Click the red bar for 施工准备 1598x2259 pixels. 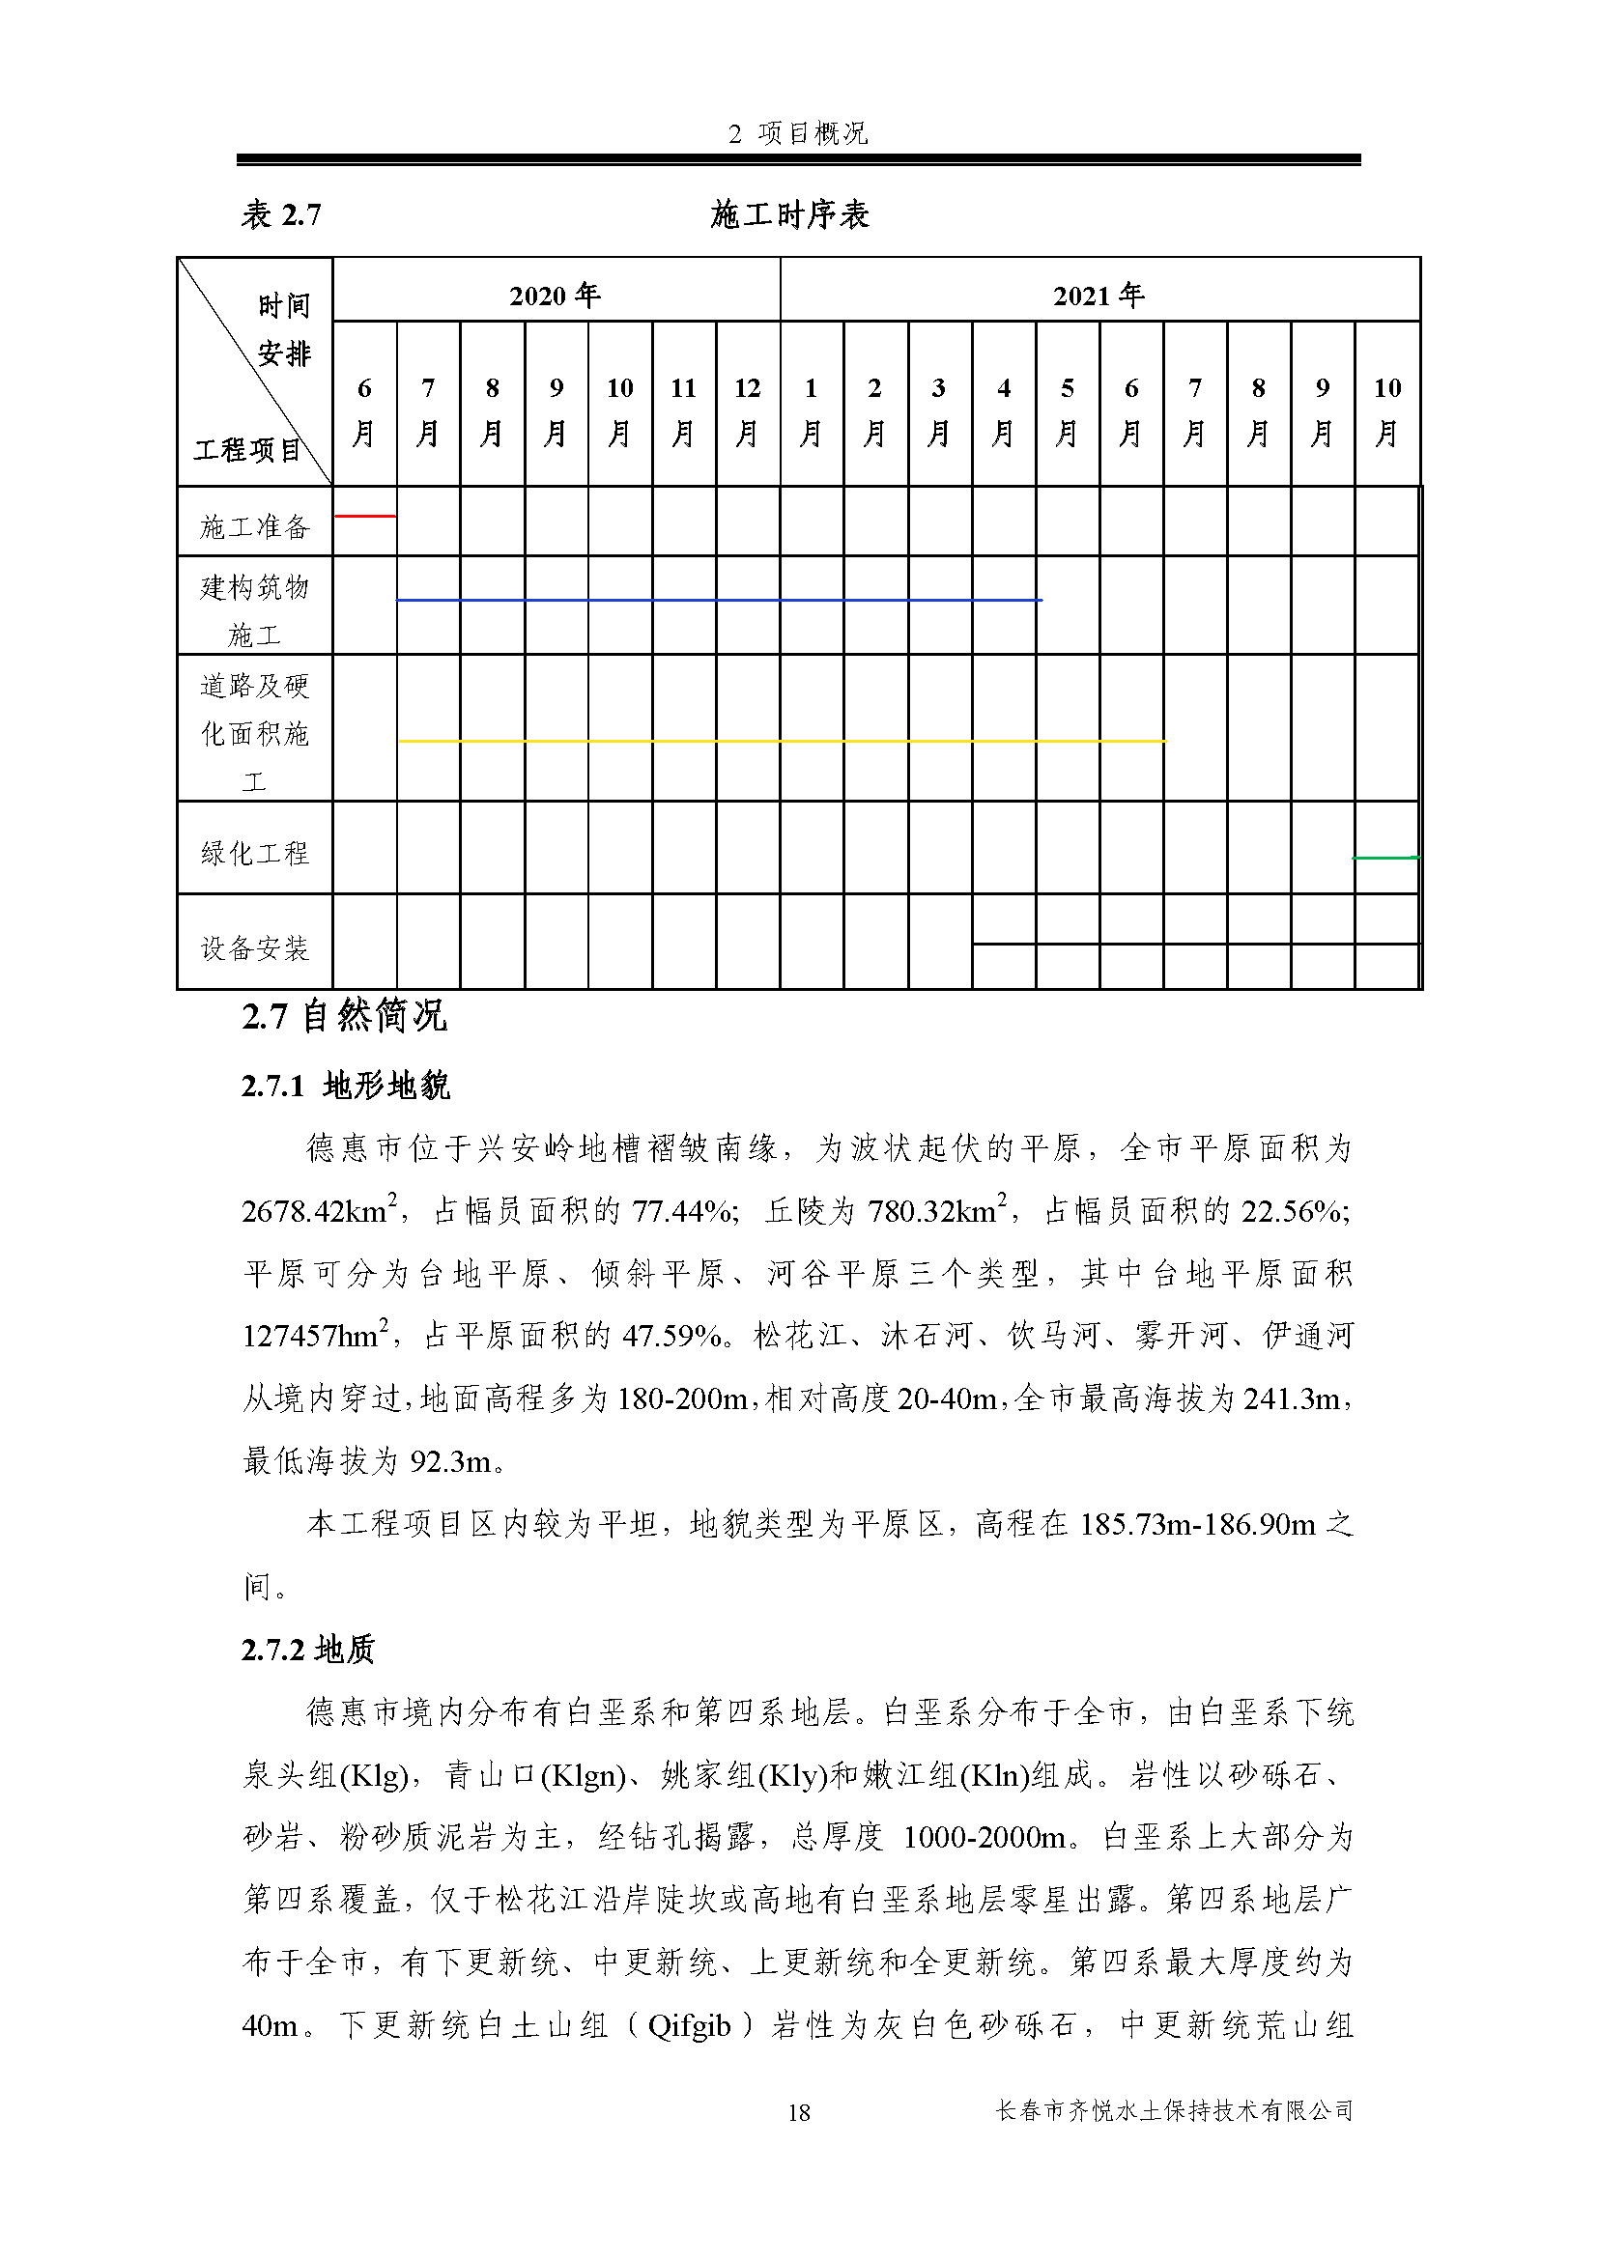[x=365, y=516]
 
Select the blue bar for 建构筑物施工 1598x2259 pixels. [x=718, y=599]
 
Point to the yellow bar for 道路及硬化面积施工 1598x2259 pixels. [x=782, y=741]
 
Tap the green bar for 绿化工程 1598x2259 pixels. [x=1385, y=858]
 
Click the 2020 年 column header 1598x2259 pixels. [x=555, y=295]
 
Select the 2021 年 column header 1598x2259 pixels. [x=1099, y=295]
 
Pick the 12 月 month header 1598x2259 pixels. [x=748, y=409]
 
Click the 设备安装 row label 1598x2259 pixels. [x=255, y=947]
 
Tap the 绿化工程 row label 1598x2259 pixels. [x=255, y=852]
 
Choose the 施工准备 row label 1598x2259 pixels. [x=255, y=526]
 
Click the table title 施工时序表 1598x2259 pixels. [x=790, y=213]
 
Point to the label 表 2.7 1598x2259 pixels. [x=281, y=213]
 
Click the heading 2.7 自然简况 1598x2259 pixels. [x=344, y=1015]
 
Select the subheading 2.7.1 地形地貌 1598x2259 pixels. [x=345, y=1086]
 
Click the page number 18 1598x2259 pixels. [x=799, y=2111]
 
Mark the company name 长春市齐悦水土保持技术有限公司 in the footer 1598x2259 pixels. [x=1175, y=2110]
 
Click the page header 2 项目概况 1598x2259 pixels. [x=798, y=134]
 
